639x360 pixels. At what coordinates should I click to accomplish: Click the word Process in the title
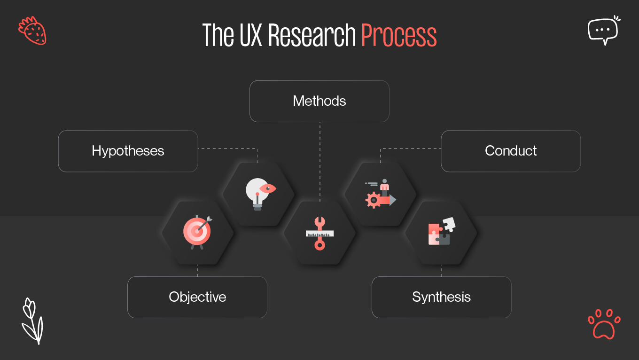(399, 36)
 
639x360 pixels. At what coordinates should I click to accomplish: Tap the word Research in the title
(312, 36)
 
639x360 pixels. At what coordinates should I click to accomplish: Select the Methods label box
(319, 101)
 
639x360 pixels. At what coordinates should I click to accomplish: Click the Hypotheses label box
(128, 151)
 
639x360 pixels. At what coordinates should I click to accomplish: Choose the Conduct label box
(510, 151)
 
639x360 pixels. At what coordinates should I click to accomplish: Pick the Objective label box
(197, 297)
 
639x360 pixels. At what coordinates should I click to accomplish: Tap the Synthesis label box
(441, 297)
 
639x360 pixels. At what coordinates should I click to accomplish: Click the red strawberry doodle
(32, 31)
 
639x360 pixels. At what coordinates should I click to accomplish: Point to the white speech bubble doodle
(603, 30)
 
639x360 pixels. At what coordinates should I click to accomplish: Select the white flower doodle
(32, 321)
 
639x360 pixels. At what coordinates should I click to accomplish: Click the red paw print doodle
(604, 324)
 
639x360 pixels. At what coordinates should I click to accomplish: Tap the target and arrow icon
(197, 232)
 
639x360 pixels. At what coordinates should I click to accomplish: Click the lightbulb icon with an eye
(259, 193)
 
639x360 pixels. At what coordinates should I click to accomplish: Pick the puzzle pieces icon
(441, 231)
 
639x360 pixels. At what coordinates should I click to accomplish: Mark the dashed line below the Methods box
(319, 160)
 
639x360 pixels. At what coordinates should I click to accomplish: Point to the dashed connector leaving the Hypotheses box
(228, 149)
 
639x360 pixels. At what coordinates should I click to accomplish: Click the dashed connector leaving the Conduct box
(411, 149)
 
